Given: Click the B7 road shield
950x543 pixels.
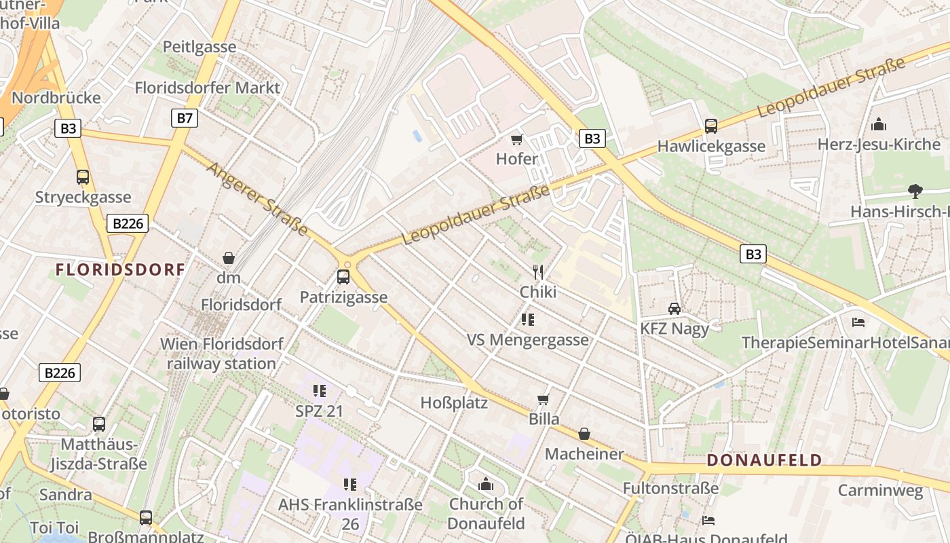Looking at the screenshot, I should click(x=185, y=119).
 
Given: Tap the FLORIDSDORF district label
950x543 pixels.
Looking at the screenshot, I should click(x=120, y=269).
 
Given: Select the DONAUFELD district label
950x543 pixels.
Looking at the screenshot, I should click(x=764, y=460).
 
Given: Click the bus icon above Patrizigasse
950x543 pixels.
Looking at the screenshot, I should click(x=343, y=277).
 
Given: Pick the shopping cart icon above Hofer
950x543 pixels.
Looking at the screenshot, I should click(x=516, y=140).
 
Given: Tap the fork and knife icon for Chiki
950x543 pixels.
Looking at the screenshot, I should click(x=538, y=272).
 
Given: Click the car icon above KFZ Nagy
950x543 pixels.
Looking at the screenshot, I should click(x=674, y=309).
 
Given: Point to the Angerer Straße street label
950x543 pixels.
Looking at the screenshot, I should click(x=258, y=199).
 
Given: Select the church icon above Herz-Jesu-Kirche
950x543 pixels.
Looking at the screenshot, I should click(x=879, y=124).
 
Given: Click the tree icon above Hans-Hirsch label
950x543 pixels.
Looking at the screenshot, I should click(x=915, y=191).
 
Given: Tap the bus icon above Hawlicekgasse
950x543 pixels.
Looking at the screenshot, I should click(x=710, y=126).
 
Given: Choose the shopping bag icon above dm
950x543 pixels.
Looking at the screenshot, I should click(x=229, y=259).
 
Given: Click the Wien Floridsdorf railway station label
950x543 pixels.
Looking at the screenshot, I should click(x=221, y=354).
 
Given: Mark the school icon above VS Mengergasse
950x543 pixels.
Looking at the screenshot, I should click(x=528, y=320).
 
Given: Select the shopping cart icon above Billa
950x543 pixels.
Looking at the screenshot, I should click(x=543, y=399).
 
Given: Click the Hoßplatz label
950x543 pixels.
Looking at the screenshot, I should click(x=454, y=402).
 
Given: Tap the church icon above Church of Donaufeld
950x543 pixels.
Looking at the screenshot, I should click(x=486, y=484).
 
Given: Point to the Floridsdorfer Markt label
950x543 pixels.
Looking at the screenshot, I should click(x=207, y=88).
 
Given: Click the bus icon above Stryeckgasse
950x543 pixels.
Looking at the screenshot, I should click(x=83, y=177).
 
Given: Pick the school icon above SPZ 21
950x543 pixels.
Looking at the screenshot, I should click(x=319, y=391).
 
